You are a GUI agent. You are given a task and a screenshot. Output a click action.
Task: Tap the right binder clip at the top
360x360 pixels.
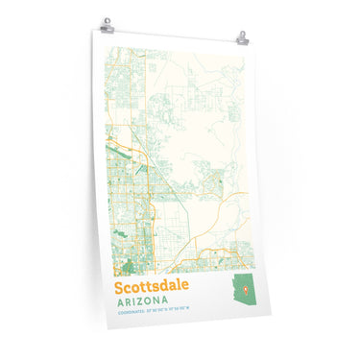(242, 38)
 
